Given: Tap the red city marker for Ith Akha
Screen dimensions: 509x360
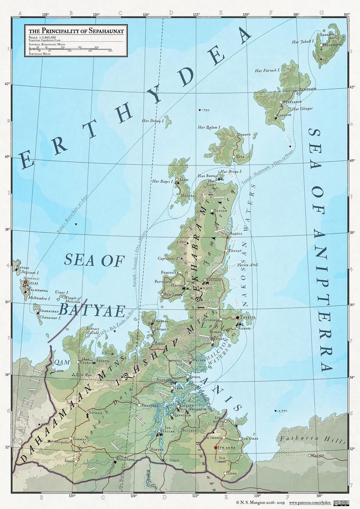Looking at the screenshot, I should pos(215,447).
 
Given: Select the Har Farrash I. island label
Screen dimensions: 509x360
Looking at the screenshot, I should pos(268,71).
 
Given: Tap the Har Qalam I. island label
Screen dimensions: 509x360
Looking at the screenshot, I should pos(210,127).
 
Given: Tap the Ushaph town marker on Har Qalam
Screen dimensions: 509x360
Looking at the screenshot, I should pos(236,135).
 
